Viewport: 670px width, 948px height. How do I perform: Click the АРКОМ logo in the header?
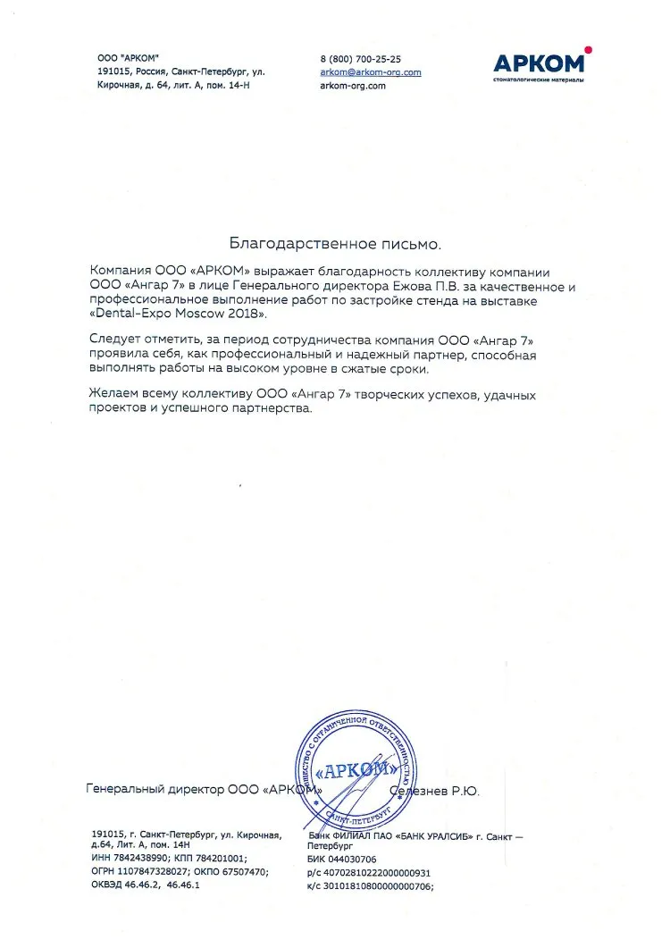[540, 63]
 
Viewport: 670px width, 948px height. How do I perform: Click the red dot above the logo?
[587, 50]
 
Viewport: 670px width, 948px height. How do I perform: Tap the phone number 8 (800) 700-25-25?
[360, 58]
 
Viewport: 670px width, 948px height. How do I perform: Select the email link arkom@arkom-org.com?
[370, 71]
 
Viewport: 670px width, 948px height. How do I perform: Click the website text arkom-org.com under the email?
[352, 86]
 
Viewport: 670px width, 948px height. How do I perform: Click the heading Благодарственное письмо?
[335, 242]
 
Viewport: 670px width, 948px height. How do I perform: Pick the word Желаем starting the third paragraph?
[114, 394]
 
